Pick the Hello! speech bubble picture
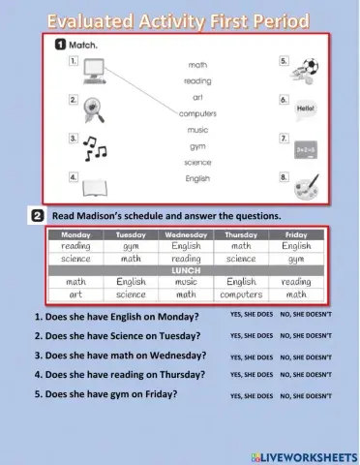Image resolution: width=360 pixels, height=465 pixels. (305, 108)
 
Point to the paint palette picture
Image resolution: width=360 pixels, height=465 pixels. (306, 184)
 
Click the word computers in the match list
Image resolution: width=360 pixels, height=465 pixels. (197, 113)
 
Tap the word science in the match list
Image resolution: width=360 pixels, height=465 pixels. (197, 162)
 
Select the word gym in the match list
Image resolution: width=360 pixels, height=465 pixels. (197, 146)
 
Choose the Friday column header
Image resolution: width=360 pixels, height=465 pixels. (296, 235)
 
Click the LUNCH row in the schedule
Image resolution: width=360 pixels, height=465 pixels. (186, 270)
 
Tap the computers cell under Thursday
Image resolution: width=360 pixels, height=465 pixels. (241, 294)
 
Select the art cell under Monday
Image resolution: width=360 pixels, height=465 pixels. (75, 294)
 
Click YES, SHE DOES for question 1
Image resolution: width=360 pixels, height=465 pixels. (251, 316)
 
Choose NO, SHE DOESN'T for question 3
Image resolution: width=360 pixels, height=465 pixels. (306, 357)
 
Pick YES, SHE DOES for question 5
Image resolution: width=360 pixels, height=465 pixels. (251, 396)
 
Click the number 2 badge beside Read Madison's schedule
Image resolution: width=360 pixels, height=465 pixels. (37, 215)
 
